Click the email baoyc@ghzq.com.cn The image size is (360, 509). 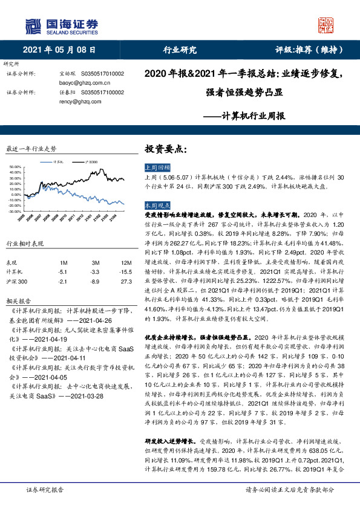(x=76, y=82)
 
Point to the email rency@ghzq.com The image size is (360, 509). (x=68, y=102)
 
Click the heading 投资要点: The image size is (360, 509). (x=164, y=148)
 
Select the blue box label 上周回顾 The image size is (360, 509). (x=158, y=167)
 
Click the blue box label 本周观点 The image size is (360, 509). (x=158, y=206)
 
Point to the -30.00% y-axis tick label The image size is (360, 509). (x=15, y=212)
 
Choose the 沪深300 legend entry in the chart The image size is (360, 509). (x=92, y=161)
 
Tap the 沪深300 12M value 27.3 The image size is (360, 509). (x=110, y=281)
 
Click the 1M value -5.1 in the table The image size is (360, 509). (x=64, y=272)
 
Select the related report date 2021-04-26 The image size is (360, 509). (x=94, y=319)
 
